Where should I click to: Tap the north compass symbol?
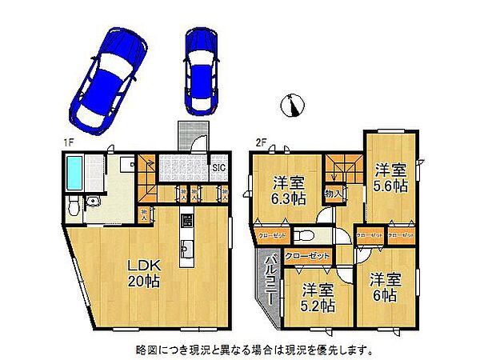(x=294, y=104)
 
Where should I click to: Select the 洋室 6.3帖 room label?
(x=286, y=187)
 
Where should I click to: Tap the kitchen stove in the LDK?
(x=187, y=218)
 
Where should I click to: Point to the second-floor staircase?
(x=342, y=170)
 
